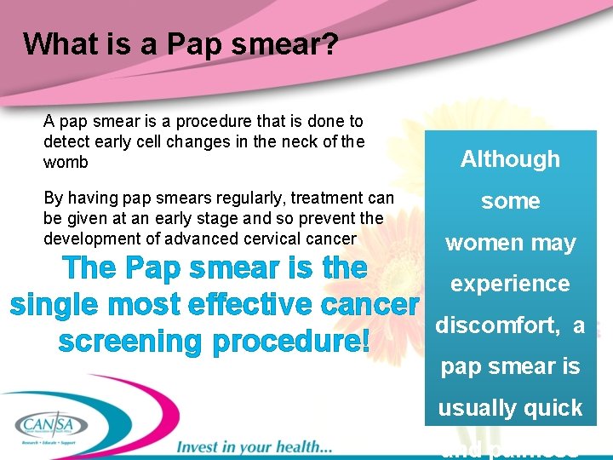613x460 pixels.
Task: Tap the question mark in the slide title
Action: pos(330,43)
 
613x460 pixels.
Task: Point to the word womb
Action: pos(66,162)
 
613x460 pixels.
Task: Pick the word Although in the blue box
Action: pos(510,159)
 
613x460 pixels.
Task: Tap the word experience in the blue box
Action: pos(510,284)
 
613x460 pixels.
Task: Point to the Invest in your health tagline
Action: pos(254,446)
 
